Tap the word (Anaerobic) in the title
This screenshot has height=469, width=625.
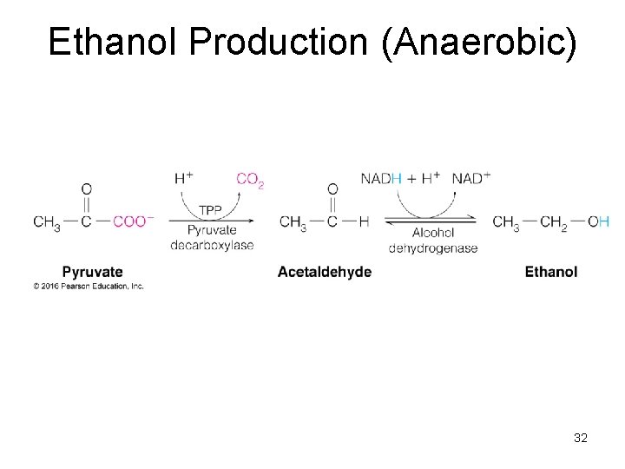coord(478,42)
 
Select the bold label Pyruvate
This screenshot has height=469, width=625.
coord(92,272)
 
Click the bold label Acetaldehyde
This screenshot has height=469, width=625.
coord(325,272)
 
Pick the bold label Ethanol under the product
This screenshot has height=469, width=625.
coord(550,272)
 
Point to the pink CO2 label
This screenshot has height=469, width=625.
coord(250,179)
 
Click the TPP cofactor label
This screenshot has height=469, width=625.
coord(210,211)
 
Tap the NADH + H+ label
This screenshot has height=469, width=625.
coord(400,178)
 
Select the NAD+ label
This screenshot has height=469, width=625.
coord(471,178)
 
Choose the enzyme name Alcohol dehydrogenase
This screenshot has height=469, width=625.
coord(433,241)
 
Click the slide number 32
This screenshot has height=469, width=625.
coord(581,438)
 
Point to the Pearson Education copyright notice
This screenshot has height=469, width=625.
coord(89,286)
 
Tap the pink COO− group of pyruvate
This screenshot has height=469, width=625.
coord(133,221)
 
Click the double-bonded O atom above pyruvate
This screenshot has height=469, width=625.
coord(86,188)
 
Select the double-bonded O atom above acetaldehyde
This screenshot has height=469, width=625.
coord(332,188)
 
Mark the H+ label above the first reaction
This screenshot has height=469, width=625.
coord(183,178)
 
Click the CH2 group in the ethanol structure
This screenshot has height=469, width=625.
coord(553,222)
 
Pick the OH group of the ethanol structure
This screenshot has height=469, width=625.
coord(599,221)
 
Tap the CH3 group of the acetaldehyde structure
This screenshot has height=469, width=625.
coord(293,222)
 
